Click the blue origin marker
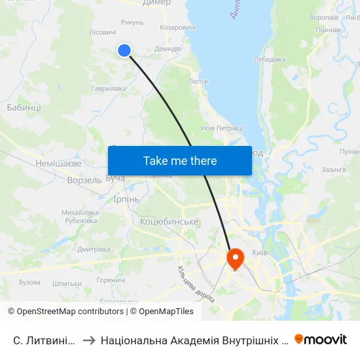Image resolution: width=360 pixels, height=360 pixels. point(124,50)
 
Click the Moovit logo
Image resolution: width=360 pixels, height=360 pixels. point(320,340)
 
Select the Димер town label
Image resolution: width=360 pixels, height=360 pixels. point(156,3)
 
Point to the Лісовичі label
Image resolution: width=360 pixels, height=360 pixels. point(102,32)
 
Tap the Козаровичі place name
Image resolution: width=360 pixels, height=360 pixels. point(177,27)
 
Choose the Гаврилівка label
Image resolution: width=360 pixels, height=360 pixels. point(109,88)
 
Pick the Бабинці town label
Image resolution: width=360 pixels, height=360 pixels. point(24,107)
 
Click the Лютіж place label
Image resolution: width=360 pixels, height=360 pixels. point(198,82)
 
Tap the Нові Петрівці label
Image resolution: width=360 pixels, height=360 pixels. point(222,128)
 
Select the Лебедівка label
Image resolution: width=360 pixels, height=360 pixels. point(270,60)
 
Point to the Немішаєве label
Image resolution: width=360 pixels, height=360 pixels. point(41,163)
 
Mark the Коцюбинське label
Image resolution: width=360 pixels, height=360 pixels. point(170,222)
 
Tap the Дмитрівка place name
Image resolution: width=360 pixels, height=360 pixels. point(94,249)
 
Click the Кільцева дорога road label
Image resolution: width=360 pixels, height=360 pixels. point(196,283)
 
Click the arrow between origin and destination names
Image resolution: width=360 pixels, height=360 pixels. point(89,340)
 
